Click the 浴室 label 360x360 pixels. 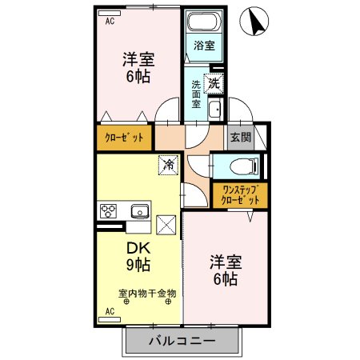[x=204, y=46]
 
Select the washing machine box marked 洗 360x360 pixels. [x=214, y=82]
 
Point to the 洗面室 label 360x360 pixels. [x=196, y=94]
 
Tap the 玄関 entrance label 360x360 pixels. [x=241, y=137]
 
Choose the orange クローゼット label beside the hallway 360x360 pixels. [x=124, y=138]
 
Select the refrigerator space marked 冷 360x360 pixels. [x=168, y=165]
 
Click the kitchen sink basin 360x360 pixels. [x=140, y=212]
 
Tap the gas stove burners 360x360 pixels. [x=109, y=212]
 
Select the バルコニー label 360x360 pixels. [x=182, y=342]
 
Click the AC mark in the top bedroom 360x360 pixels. [x=110, y=22]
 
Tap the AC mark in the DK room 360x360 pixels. [x=110, y=310]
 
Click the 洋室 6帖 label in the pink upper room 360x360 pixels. [x=138, y=68]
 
